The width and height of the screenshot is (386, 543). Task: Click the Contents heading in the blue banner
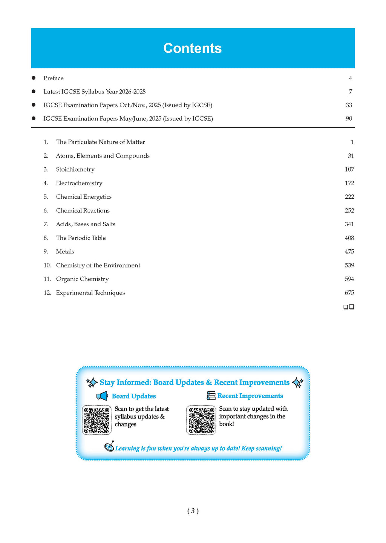pyautogui.click(x=192, y=48)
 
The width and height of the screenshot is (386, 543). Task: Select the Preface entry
pyautogui.click(x=54, y=78)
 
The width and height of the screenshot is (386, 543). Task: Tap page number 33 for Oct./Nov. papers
pyautogui.click(x=349, y=105)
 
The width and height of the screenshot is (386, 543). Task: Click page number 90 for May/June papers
pyautogui.click(x=349, y=118)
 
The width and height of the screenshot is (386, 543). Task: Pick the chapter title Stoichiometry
pyautogui.click(x=75, y=169)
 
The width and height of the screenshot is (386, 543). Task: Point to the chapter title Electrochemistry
pyautogui.click(x=79, y=183)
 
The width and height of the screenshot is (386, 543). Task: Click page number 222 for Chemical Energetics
pyautogui.click(x=349, y=197)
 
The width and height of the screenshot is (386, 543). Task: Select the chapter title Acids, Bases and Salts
pyautogui.click(x=86, y=224)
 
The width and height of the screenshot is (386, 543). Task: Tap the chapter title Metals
pyautogui.click(x=65, y=252)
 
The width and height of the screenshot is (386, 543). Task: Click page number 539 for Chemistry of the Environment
pyautogui.click(x=349, y=265)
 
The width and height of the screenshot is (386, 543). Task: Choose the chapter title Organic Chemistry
pyautogui.click(x=82, y=279)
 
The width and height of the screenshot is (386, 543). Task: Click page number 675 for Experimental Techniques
pyautogui.click(x=349, y=293)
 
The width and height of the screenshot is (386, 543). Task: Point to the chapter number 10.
pyautogui.click(x=47, y=265)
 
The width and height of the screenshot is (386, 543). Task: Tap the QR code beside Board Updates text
pyautogui.click(x=97, y=420)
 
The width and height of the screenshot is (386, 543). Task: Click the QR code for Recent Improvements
pyautogui.click(x=201, y=420)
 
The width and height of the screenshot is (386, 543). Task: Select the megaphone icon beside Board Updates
pyautogui.click(x=102, y=396)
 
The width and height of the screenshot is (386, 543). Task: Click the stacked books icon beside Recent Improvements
pyautogui.click(x=211, y=396)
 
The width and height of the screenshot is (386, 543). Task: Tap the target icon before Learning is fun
pyautogui.click(x=109, y=447)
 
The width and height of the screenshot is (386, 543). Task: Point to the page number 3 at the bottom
pyautogui.click(x=193, y=511)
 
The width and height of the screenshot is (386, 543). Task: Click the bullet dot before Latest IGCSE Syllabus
pyautogui.click(x=34, y=92)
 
